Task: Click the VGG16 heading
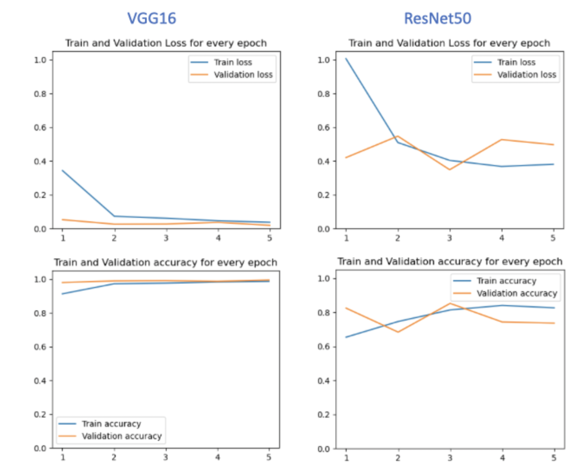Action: (x=151, y=18)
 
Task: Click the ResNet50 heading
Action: (x=437, y=18)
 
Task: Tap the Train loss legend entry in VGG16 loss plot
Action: (x=233, y=62)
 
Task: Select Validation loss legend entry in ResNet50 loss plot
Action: (x=526, y=75)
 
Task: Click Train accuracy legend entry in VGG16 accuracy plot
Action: (x=111, y=424)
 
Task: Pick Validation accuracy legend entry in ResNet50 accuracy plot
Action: (x=517, y=293)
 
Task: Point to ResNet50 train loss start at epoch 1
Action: (x=346, y=59)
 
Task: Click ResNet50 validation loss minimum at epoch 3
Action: (x=450, y=169)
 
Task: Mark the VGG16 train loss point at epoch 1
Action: (x=63, y=171)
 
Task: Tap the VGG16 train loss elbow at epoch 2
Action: (x=114, y=216)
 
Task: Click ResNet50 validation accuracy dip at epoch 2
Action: (x=398, y=332)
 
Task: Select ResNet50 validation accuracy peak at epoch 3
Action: (x=450, y=303)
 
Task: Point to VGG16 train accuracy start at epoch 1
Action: (x=63, y=294)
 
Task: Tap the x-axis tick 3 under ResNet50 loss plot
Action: (x=450, y=238)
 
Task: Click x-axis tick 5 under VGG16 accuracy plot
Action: (x=269, y=457)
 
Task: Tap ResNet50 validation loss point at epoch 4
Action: (x=502, y=140)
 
